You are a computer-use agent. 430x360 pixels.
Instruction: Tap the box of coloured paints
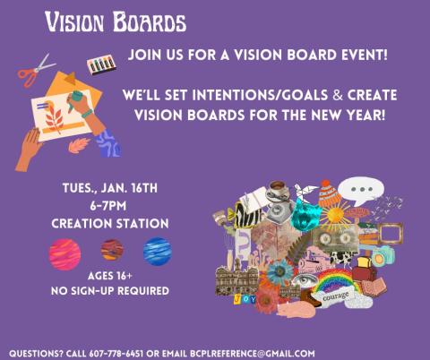tap(100, 65)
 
